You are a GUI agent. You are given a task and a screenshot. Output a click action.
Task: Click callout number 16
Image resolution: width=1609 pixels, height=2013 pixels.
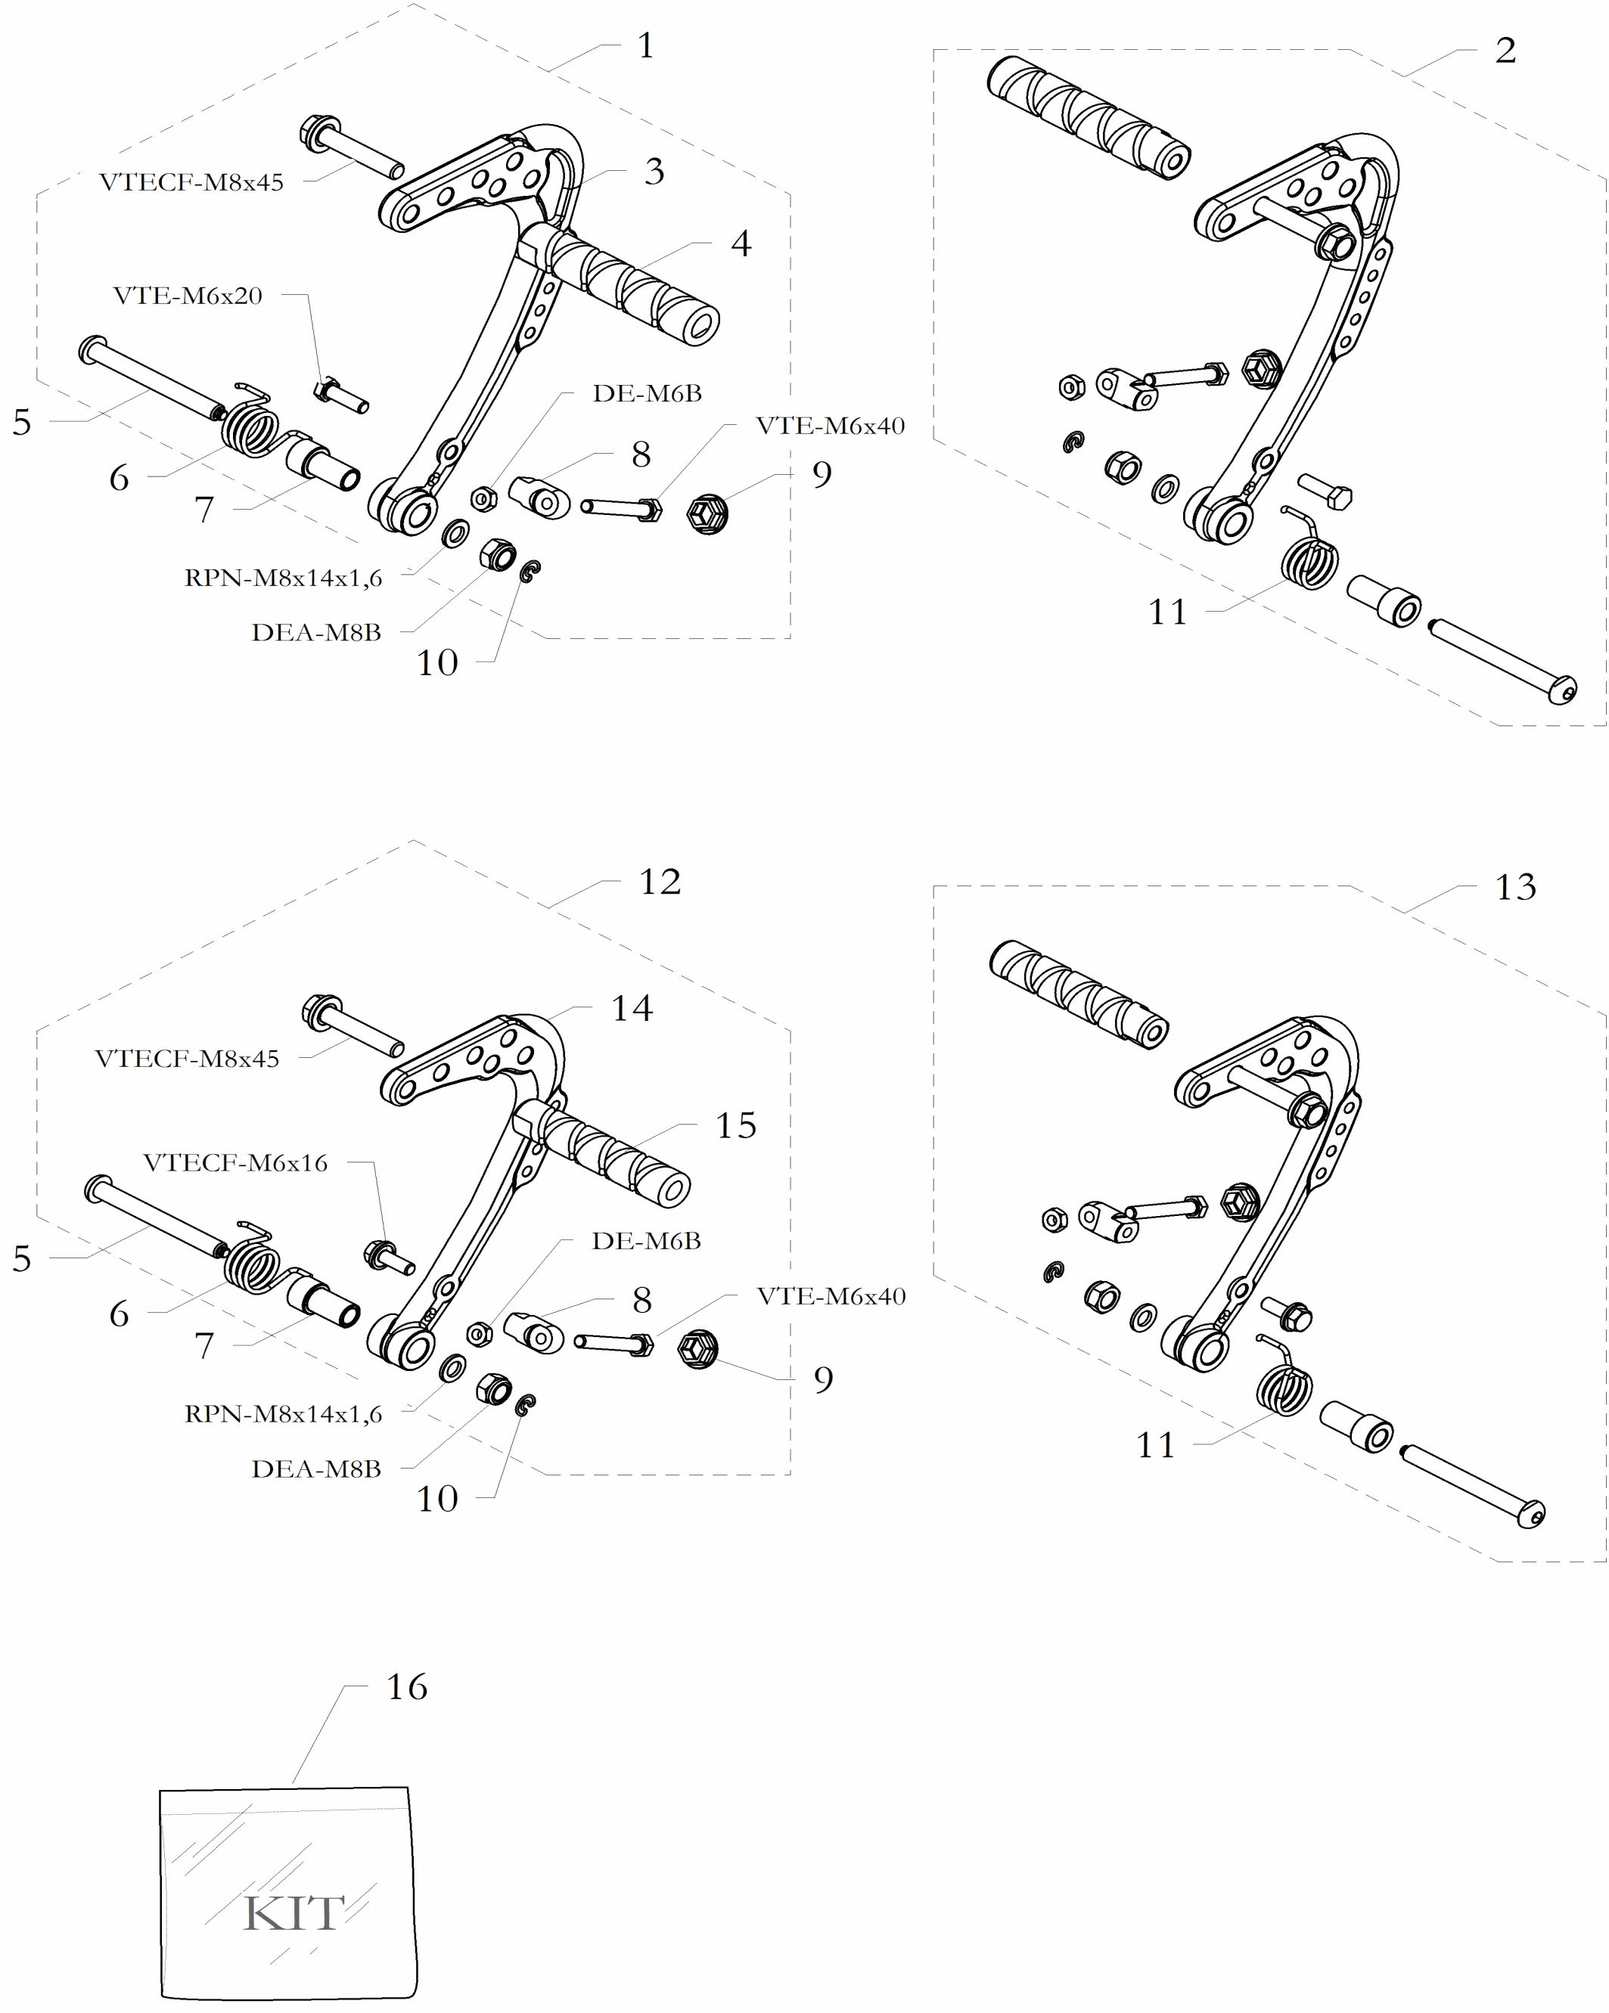tap(406, 1687)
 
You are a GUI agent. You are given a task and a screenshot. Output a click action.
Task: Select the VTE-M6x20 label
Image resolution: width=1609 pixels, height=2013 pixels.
tap(188, 296)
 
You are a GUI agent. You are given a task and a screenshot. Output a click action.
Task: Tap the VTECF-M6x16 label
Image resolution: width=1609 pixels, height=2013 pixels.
tap(235, 1162)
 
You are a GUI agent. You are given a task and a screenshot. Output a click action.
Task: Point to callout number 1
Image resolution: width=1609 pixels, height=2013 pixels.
tap(645, 45)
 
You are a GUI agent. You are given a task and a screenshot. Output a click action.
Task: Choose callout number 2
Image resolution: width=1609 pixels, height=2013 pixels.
tap(1505, 51)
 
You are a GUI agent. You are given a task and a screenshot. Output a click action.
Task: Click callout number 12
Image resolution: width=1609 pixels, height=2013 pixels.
tap(660, 882)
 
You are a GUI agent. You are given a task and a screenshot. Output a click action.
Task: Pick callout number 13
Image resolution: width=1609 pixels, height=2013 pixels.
tap(1514, 887)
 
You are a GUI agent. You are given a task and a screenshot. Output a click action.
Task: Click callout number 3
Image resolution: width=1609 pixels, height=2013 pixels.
tap(654, 172)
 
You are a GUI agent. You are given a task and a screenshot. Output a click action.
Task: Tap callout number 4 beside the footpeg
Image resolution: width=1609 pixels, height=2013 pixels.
tap(741, 243)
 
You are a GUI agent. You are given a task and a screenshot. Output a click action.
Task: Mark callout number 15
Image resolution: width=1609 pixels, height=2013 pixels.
tap(735, 1126)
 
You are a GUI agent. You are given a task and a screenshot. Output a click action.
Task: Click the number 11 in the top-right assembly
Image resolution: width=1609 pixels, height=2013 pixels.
tap(1167, 613)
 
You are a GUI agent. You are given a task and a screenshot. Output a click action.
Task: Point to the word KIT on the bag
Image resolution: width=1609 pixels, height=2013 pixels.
tap(294, 1913)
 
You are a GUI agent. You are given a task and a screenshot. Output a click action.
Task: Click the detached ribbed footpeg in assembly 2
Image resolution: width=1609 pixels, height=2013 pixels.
tap(1088, 116)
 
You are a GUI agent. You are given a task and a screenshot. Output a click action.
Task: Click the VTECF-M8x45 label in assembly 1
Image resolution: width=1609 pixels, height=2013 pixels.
tap(191, 182)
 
